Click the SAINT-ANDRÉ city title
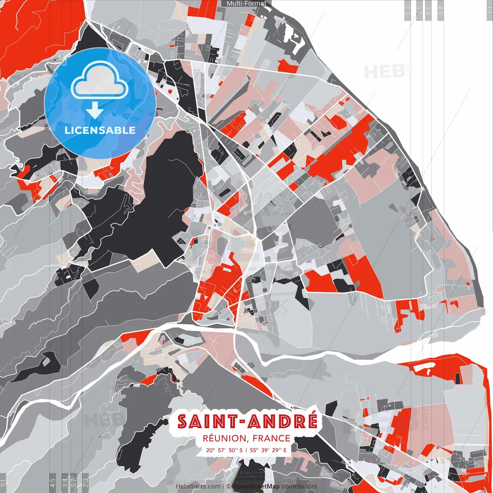tap(247, 421)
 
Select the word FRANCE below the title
tap(272, 438)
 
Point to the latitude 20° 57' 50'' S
tap(225, 450)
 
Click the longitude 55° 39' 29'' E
tap(268, 450)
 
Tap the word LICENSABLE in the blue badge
tap(100, 130)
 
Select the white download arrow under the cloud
tap(94, 110)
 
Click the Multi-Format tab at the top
tap(246, 3)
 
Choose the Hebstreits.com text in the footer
tap(198, 486)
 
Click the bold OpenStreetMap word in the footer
tap(256, 486)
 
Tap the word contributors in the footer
tap(299, 486)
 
